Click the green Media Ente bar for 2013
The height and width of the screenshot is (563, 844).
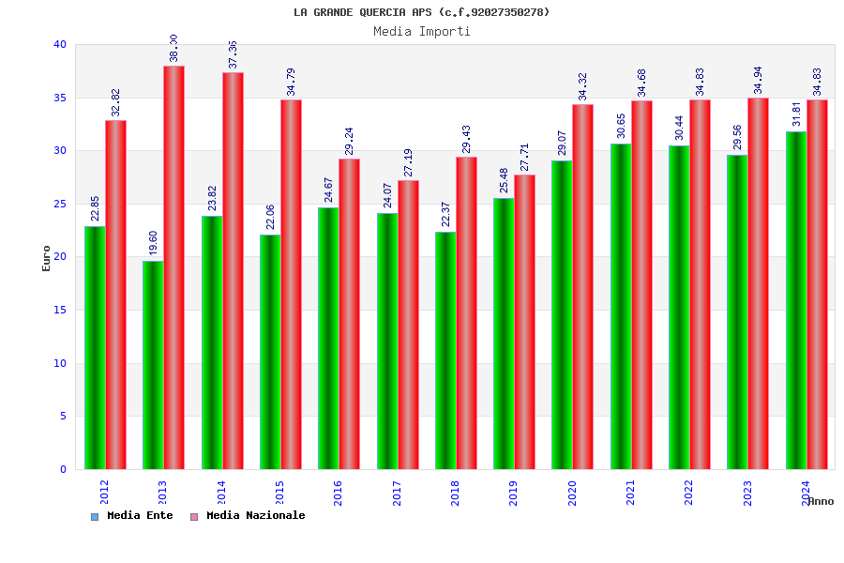pos(153,365)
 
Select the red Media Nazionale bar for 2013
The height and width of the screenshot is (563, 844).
pos(173,267)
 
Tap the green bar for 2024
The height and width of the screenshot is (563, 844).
pos(796,300)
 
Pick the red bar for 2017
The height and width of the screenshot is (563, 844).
pos(408,325)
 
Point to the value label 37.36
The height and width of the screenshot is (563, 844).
pos(234,54)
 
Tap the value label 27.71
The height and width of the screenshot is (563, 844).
pos(525,157)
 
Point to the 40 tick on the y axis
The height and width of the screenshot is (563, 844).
pos(60,44)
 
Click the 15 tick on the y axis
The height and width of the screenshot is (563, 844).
pos(60,310)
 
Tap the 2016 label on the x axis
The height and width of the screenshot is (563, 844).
pos(339,493)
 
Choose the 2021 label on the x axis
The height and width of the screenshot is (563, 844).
pos(631,493)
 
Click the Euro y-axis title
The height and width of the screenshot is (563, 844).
pos(47,258)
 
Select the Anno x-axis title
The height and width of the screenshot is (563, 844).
pos(821,501)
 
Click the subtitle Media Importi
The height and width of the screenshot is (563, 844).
pos(422,31)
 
